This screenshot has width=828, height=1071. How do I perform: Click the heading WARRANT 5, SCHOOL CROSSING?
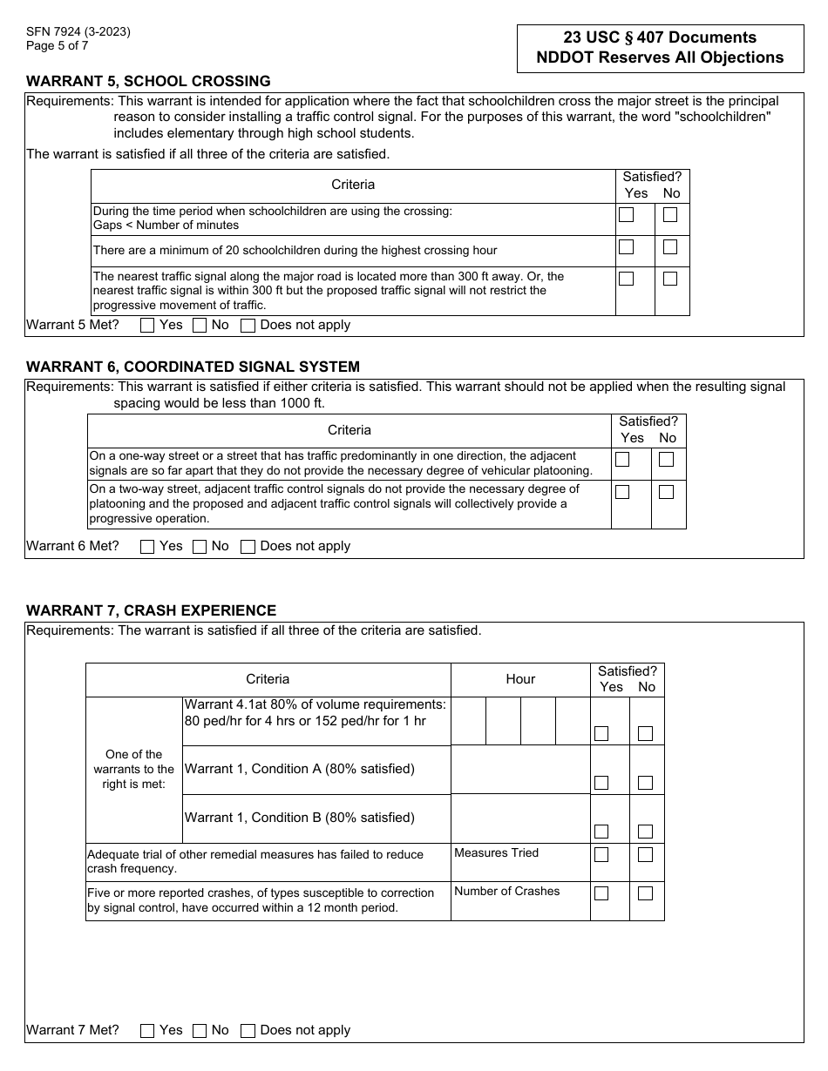[148, 81]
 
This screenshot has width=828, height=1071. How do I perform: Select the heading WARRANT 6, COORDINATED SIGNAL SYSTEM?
[193, 367]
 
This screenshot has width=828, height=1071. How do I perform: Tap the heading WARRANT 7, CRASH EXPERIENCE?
[151, 610]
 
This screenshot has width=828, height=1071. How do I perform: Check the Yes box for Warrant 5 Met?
[147, 326]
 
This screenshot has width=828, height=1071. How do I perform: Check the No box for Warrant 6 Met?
[200, 547]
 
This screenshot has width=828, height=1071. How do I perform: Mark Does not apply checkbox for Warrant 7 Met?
[248, 1031]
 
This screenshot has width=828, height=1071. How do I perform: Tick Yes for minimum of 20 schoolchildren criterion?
[626, 247]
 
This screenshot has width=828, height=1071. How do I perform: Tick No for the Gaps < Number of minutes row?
[670, 215]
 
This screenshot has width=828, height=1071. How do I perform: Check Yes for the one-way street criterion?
[622, 460]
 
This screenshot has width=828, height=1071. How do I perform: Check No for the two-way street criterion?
[667, 492]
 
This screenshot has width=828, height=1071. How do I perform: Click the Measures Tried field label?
[496, 852]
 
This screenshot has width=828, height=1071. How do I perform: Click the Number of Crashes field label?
[506, 891]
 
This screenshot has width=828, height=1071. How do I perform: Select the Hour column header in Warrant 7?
[520, 679]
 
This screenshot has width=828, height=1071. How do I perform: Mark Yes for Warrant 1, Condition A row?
[601, 783]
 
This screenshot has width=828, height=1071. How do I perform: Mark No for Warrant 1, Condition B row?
[645, 832]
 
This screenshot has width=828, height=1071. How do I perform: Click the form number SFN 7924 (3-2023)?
[78, 32]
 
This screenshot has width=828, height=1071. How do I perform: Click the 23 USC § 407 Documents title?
[660, 37]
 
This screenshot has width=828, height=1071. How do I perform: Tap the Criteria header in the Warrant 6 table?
[350, 430]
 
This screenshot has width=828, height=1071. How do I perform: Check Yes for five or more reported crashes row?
[601, 893]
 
